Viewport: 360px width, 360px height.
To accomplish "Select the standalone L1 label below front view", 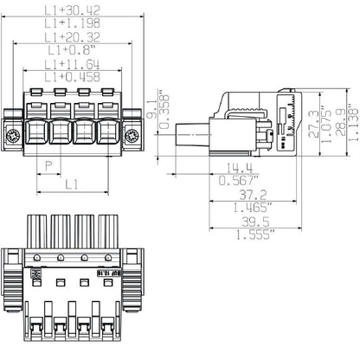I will (x=74, y=184).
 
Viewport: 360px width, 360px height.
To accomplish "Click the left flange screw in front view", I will (x=14, y=135).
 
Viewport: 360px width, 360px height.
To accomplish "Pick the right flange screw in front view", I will (x=132, y=135).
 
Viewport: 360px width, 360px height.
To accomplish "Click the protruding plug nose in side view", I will (x=192, y=137).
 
